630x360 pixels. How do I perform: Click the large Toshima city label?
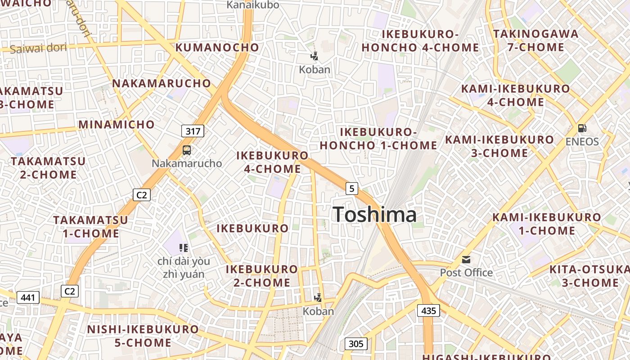coord(374,215)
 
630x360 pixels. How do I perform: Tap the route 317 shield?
coord(193,131)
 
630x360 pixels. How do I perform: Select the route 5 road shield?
coord(352,188)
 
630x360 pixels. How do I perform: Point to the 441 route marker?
coord(28,297)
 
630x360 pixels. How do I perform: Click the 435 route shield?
coord(428,310)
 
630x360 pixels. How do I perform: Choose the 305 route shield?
coord(355,344)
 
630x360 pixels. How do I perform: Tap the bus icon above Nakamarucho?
coord(187,150)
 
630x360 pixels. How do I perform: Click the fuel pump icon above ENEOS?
coord(582,128)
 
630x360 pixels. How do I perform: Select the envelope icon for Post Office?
coord(466,260)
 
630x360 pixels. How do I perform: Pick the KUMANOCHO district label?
coord(217,47)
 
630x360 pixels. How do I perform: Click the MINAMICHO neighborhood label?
coord(117,125)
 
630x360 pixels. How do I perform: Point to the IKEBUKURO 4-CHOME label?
coord(273,162)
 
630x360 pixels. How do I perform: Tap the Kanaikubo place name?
coord(253,5)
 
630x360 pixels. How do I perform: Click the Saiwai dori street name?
coord(38,48)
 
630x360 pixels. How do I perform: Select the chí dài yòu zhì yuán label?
coord(184,267)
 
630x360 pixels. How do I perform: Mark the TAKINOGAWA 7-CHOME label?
coord(535,40)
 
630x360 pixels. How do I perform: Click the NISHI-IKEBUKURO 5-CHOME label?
coord(143,336)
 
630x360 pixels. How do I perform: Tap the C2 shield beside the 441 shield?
coord(70,291)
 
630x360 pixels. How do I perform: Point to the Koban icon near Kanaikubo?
coord(315,56)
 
